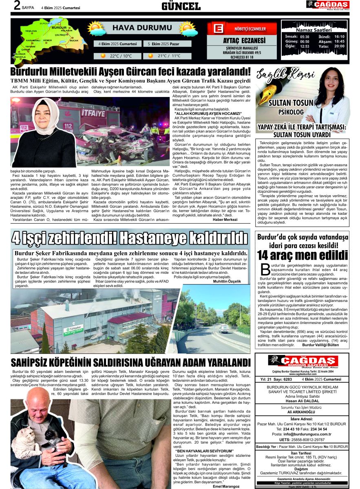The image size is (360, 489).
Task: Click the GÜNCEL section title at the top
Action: (181, 6)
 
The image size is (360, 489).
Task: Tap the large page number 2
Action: (17, 5)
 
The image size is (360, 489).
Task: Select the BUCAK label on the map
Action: (74, 41)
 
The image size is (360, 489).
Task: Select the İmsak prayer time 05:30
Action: (305, 37)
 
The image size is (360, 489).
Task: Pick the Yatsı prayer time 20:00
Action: (339, 46)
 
